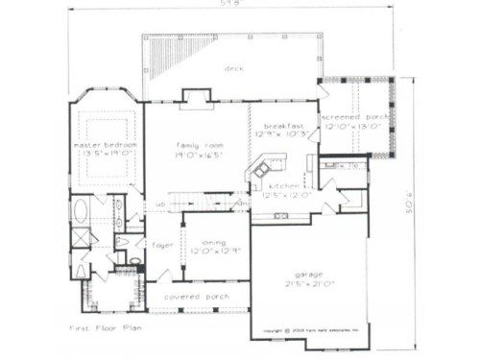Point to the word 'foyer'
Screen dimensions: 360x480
point(162,245)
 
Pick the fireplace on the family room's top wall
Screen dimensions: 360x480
point(197,95)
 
